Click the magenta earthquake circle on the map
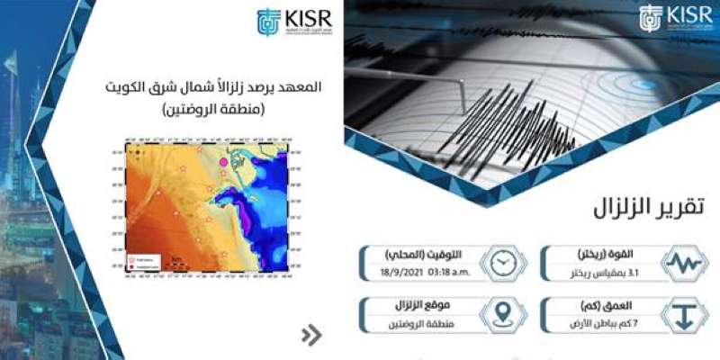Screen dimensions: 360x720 click(x=225, y=162)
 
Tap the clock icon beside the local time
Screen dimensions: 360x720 click(x=503, y=263)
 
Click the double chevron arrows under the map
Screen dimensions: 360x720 click(x=311, y=336)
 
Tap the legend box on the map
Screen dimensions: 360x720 click(x=139, y=262)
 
